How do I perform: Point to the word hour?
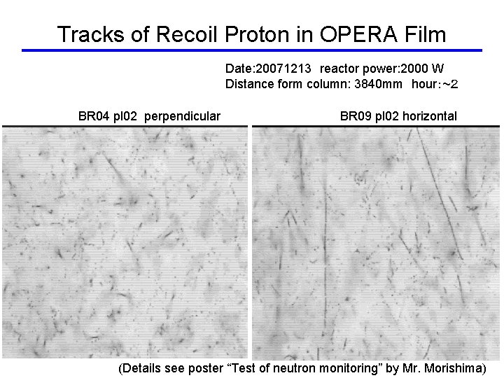(427, 85)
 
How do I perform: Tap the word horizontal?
(429, 116)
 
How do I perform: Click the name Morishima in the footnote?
(454, 367)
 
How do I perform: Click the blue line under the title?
(252, 50)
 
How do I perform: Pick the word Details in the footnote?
(141, 367)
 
